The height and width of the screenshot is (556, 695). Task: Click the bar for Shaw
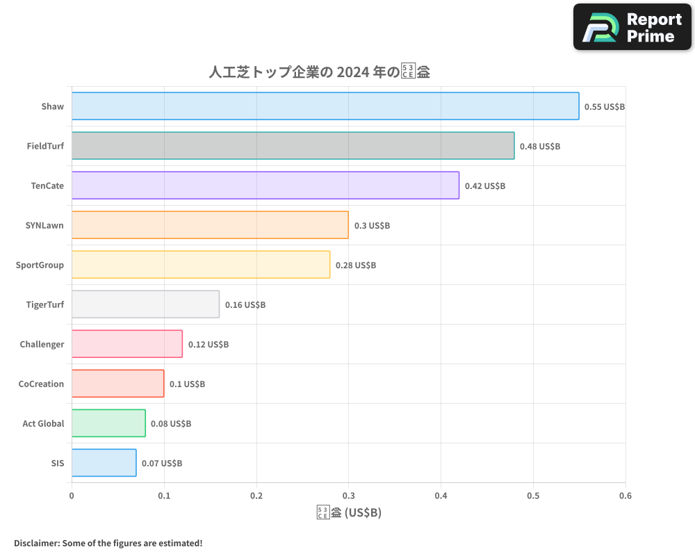coord(325,106)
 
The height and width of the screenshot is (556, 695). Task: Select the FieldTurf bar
coord(293,146)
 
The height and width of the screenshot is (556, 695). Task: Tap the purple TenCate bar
coord(265,186)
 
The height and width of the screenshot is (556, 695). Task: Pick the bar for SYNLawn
coord(210,225)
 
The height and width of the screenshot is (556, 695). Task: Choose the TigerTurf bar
coord(145,304)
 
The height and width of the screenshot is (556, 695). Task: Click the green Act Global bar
coord(108,423)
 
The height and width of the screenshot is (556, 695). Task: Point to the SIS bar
coord(104,463)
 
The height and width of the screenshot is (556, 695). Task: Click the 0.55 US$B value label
coord(605,107)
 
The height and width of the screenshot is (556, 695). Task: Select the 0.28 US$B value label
coord(356,265)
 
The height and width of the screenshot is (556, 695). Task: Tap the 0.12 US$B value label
coord(208,345)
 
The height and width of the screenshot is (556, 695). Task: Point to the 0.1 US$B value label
coord(188,384)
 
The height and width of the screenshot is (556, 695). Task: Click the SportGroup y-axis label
coord(40,265)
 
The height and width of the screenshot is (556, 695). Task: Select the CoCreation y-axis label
coord(41,384)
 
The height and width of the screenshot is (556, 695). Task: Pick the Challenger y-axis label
coord(42,344)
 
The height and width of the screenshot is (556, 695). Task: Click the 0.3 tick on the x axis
coord(348,496)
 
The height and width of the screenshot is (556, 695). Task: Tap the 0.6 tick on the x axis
coord(625,496)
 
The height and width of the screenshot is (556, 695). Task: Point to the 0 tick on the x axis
coord(72,496)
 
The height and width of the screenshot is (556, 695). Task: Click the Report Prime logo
coord(632,27)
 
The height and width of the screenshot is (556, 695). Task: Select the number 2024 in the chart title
coord(356,72)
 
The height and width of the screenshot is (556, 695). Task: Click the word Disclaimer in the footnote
coord(35,543)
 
